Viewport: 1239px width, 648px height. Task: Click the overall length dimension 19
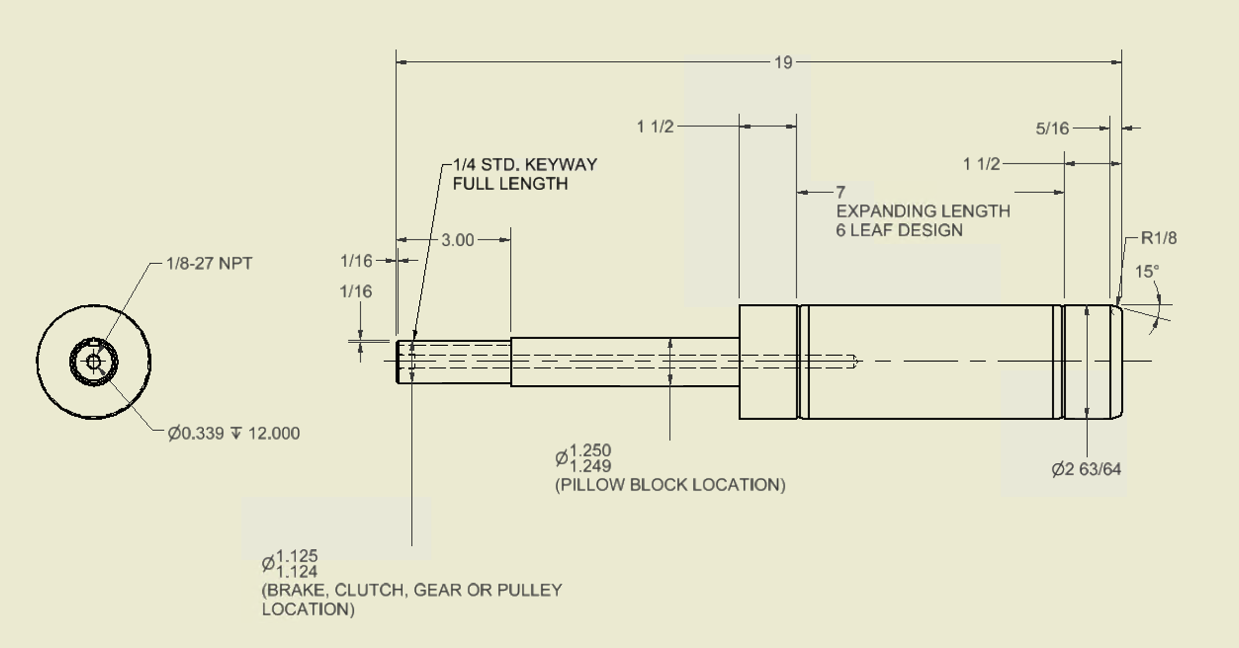click(x=783, y=63)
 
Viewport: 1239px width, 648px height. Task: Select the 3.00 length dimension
click(x=457, y=240)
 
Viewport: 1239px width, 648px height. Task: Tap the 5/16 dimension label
click(x=1052, y=129)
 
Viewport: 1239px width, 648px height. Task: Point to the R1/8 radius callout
click(x=1158, y=238)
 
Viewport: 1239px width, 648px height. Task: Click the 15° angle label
click(x=1147, y=272)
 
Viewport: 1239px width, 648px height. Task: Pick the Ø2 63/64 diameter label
click(x=1086, y=469)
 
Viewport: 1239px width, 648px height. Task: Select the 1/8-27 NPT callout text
click(x=209, y=263)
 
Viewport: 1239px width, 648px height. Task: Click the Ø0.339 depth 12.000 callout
click(x=233, y=433)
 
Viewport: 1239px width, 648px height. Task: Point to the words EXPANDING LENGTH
click(x=923, y=211)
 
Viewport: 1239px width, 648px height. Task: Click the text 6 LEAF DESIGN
click(x=899, y=230)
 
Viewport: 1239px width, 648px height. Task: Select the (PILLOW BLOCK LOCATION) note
click(x=670, y=485)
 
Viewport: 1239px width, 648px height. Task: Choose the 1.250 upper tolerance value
click(x=590, y=450)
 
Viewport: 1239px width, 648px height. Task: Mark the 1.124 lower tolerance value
click(x=297, y=572)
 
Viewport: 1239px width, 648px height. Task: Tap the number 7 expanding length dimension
click(x=841, y=192)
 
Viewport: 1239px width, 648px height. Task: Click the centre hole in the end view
click(x=93, y=362)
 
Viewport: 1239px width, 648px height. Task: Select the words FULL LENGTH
click(x=510, y=184)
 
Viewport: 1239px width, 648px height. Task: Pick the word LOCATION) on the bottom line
click(x=308, y=609)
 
